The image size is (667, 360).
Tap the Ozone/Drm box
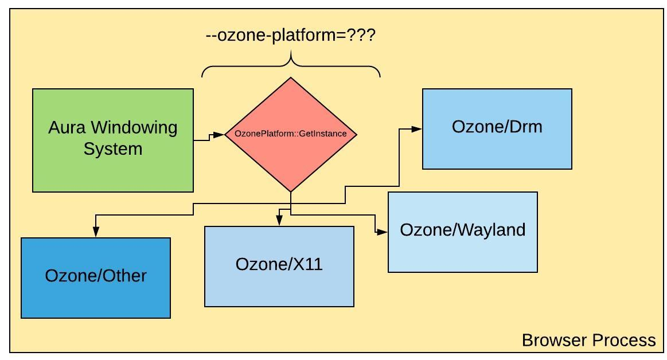pyautogui.click(x=497, y=128)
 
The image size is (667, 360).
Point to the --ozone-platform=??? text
pyautogui.click(x=291, y=36)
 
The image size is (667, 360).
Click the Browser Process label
pyautogui.click(x=588, y=341)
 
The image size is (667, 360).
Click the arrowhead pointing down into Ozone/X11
pyautogui.click(x=279, y=221)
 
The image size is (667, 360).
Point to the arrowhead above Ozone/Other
pyautogui.click(x=96, y=231)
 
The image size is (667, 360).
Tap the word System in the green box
pyautogui.click(x=112, y=149)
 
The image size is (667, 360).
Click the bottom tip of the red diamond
pyautogui.click(x=291, y=190)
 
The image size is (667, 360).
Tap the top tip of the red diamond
pyautogui.click(x=291, y=79)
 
